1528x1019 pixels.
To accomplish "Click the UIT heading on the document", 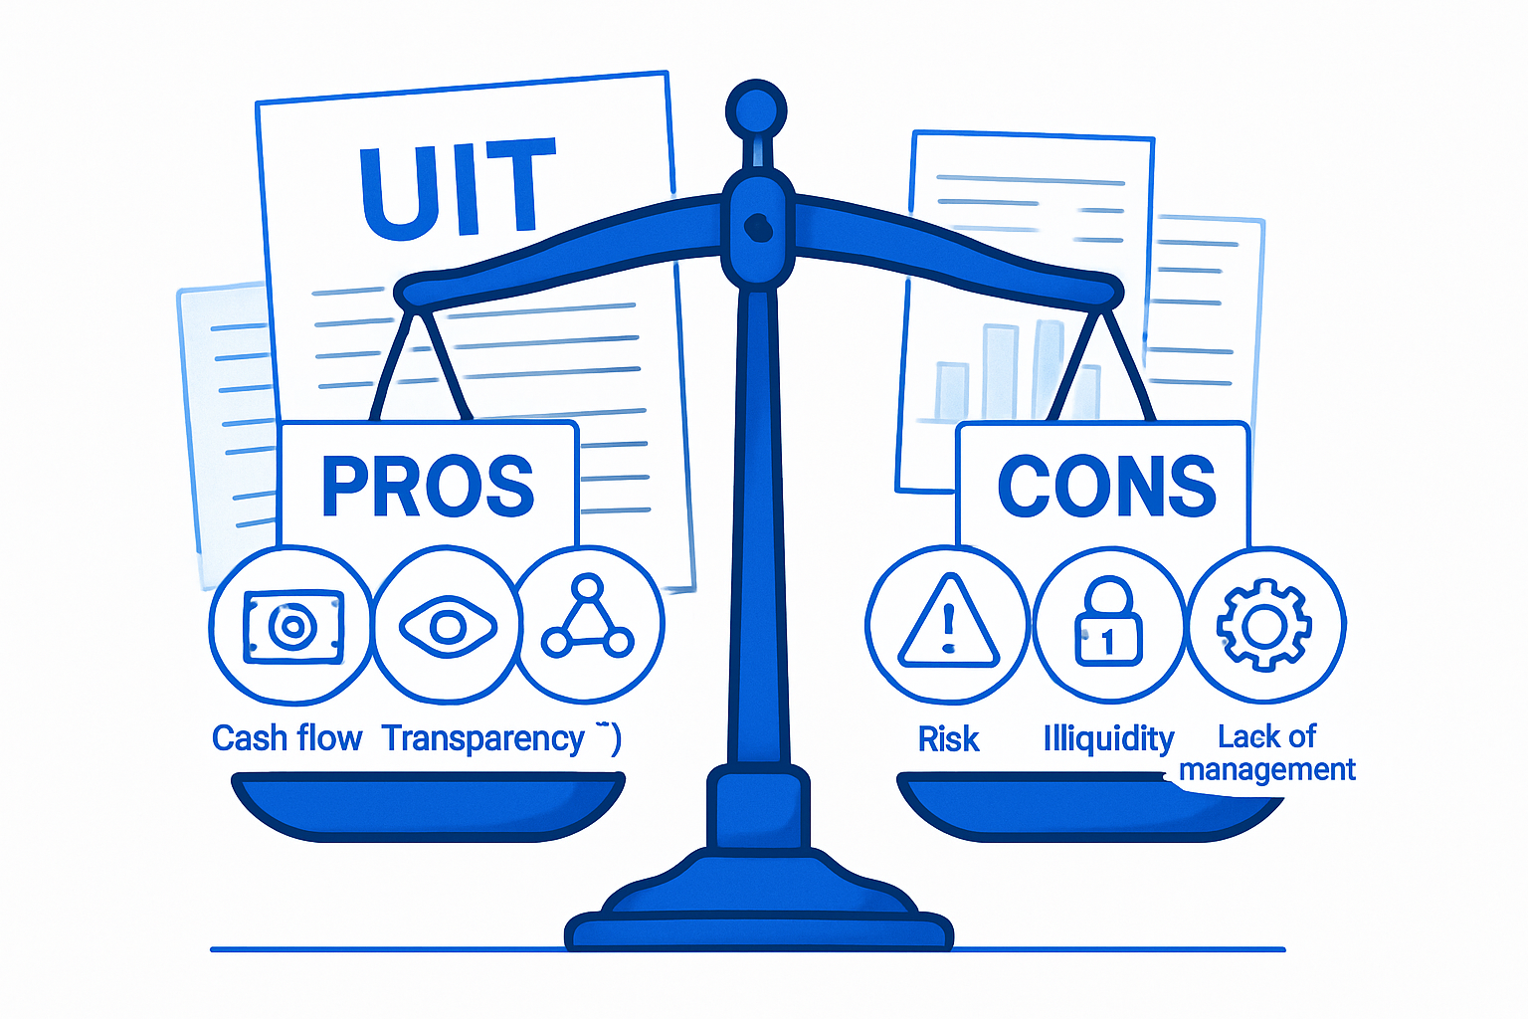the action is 457,189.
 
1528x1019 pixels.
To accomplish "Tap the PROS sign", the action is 428,486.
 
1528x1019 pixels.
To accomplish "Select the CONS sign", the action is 1106,486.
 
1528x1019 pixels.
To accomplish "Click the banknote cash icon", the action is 292,626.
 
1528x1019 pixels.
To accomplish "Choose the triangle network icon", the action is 588,619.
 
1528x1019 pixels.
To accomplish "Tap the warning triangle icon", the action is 947,625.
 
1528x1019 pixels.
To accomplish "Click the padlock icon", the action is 1108,625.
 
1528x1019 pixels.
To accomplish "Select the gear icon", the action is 1264,626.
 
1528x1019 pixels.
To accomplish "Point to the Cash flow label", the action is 286,738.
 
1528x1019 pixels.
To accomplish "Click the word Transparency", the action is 483,738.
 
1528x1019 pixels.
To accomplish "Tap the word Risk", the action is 948,739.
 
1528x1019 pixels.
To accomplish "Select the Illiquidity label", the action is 1108,738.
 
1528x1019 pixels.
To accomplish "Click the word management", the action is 1266,769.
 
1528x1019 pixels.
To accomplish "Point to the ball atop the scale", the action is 756,107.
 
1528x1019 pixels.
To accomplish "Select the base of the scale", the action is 758,916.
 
